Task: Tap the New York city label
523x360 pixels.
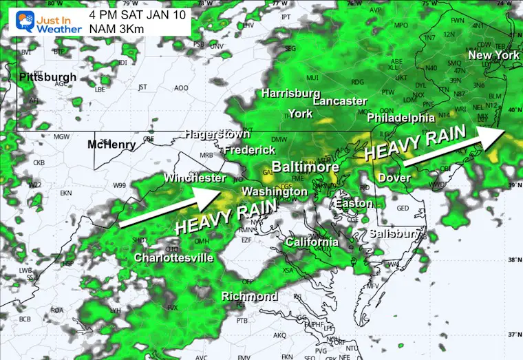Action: click(x=493, y=55)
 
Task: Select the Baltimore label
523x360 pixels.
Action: click(x=305, y=167)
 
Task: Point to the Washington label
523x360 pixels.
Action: click(x=275, y=191)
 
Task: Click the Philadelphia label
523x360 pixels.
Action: click(x=401, y=118)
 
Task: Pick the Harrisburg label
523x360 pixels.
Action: click(x=290, y=93)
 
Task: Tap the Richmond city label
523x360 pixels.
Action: click(x=249, y=297)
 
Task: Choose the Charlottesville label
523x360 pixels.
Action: click(x=173, y=258)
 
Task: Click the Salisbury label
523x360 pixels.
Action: click(x=394, y=234)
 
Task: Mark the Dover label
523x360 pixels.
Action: click(x=394, y=178)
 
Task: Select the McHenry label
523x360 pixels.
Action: click(x=111, y=145)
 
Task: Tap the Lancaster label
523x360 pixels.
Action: click(x=339, y=101)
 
